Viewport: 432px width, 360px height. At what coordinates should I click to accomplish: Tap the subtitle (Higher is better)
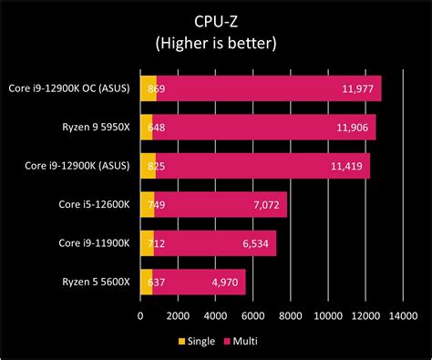click(x=216, y=43)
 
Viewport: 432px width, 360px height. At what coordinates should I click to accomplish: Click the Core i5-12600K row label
click(x=94, y=205)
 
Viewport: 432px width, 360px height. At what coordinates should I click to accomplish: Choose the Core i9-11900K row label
click(x=94, y=243)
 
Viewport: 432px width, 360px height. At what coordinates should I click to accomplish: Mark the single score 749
click(x=154, y=205)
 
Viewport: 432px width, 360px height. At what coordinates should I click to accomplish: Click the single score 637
click(x=154, y=283)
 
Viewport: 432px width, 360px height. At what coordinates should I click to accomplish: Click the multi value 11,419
click(x=343, y=166)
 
